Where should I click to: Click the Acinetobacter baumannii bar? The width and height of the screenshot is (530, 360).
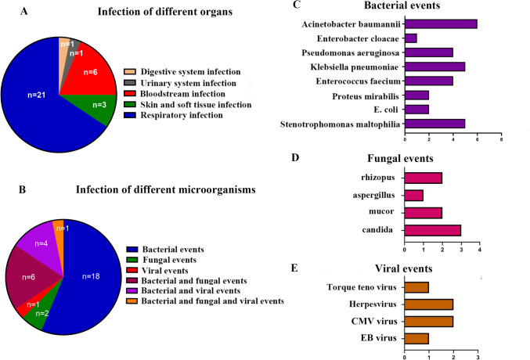coord(441,23)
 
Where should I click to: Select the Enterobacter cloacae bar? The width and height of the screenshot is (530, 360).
coord(410,38)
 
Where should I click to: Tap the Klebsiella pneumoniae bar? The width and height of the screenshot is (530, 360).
coord(434,66)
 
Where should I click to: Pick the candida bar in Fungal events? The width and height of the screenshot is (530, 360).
coord(432,229)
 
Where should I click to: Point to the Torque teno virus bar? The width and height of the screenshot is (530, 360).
coord(416,287)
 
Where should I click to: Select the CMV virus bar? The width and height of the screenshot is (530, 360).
coord(428,322)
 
